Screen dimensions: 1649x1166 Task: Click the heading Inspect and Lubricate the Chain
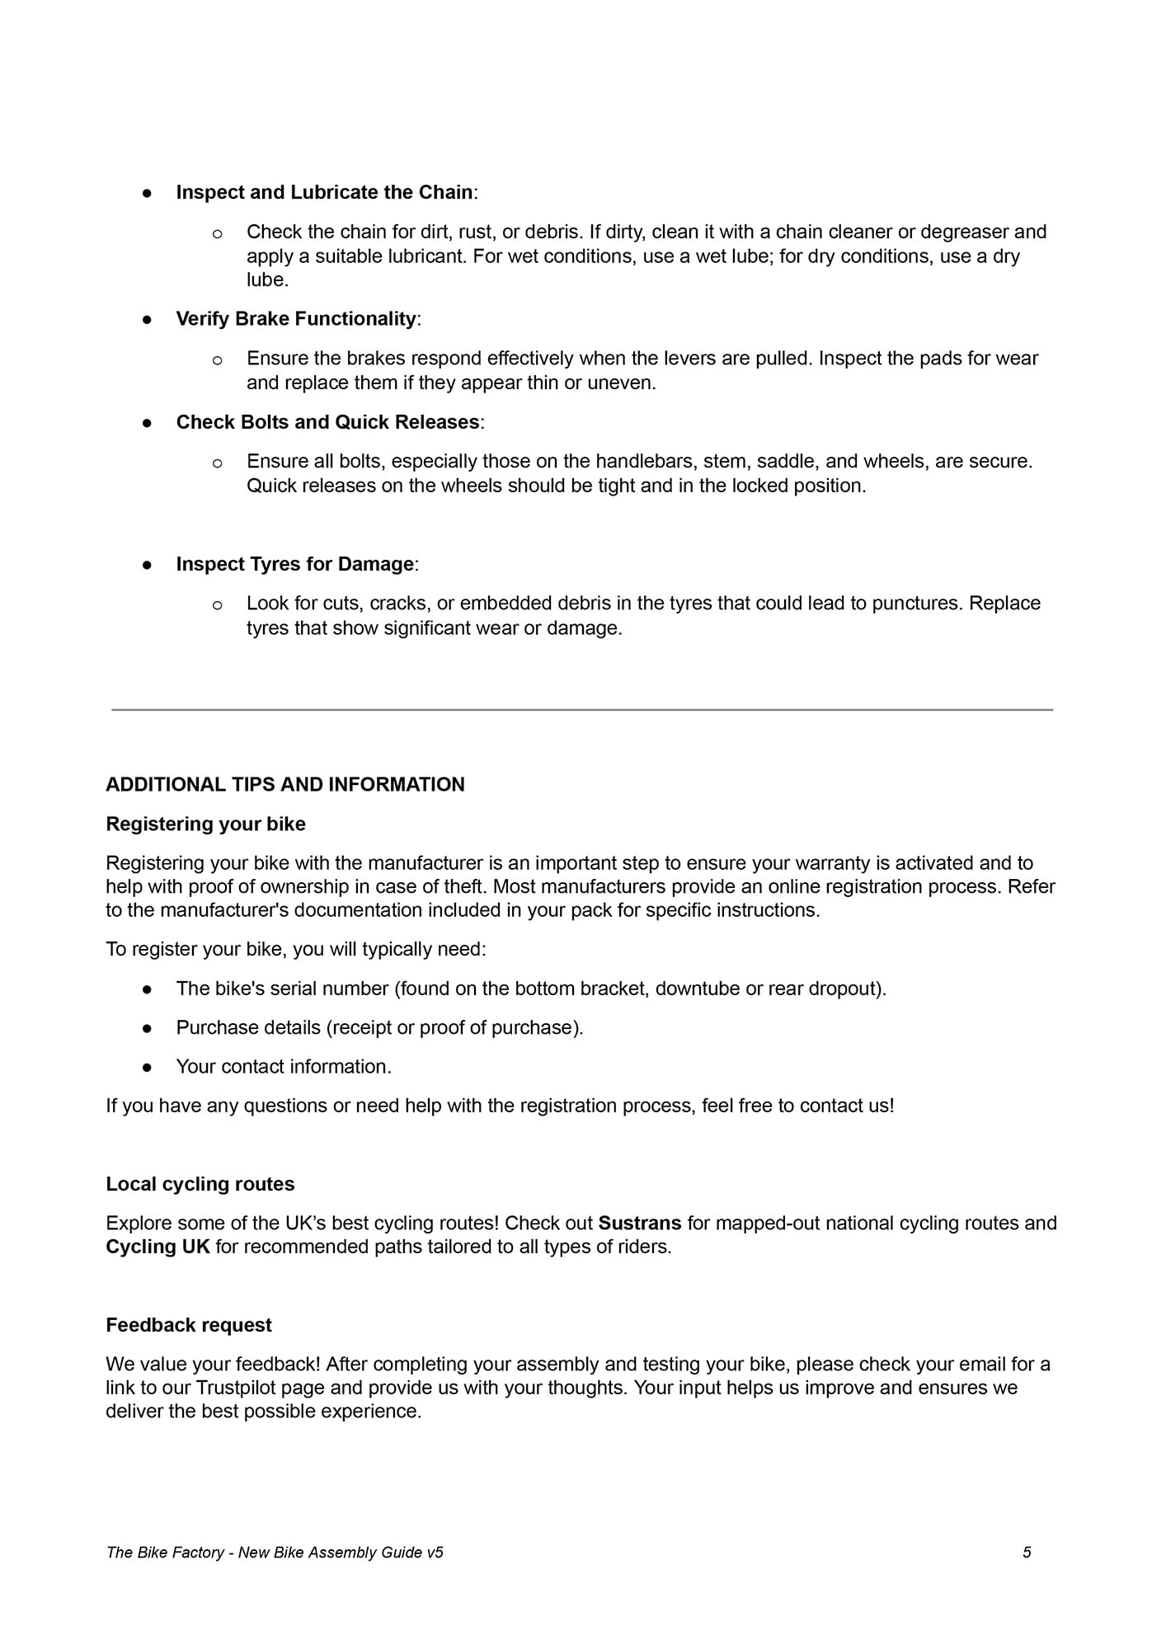[324, 192]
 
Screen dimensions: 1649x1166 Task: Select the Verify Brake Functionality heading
[296, 319]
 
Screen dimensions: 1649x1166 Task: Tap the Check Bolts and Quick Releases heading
[327, 422]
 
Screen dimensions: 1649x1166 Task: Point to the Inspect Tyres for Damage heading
[294, 564]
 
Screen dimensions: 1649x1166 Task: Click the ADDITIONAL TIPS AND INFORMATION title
[285, 784]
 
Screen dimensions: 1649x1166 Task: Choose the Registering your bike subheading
[205, 824]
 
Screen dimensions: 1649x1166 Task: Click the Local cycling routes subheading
[200, 1184]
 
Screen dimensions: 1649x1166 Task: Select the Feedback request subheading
[189, 1325]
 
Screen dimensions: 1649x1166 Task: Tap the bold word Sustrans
[640, 1223]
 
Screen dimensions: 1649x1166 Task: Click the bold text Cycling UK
[158, 1247]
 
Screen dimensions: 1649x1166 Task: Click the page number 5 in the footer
[1027, 1553]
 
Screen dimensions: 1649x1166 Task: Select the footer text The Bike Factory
[165, 1553]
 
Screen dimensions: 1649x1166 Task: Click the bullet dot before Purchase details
[148, 1028]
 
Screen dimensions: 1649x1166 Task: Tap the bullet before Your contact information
[148, 1067]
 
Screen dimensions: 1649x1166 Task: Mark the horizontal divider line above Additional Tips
[582, 709]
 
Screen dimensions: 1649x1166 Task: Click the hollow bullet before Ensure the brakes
[218, 359]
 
